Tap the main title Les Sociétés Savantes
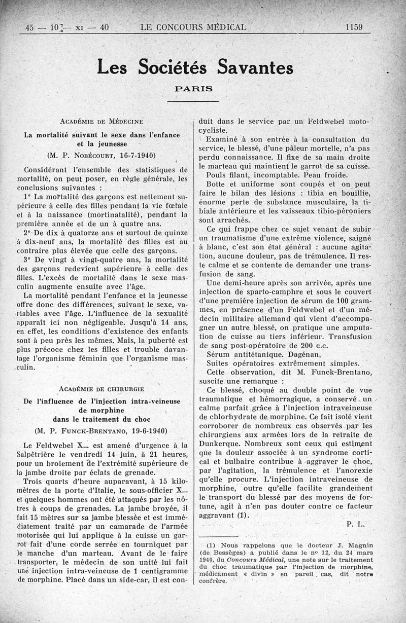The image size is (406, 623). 195,66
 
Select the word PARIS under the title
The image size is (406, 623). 193,88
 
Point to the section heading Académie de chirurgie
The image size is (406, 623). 101,389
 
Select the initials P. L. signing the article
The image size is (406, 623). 356,525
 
